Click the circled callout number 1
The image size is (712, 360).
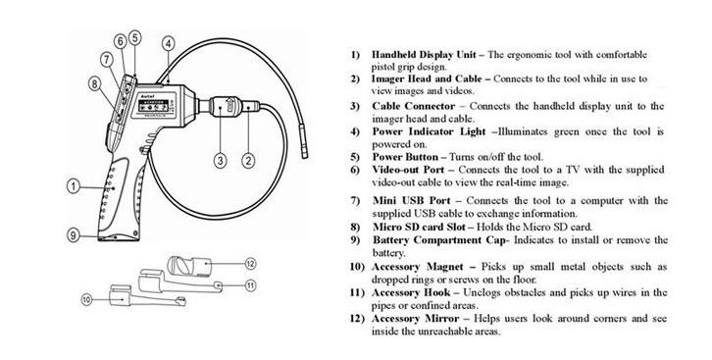coord(74,186)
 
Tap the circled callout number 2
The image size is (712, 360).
coord(248,161)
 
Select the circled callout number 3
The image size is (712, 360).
coord(221,161)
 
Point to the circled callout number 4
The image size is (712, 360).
coord(168,43)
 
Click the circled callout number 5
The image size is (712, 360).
coord(135,37)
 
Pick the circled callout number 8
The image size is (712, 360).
coord(94,83)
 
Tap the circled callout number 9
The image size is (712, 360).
coord(74,234)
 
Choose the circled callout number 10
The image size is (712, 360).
coord(87,299)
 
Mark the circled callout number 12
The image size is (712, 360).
coord(251,263)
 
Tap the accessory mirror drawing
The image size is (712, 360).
coord(189,267)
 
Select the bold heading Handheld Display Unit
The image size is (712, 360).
coord(424,55)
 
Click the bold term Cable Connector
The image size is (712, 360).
coord(413,106)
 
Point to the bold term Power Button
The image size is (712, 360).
coord(405,157)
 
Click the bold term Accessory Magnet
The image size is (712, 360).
coord(418,267)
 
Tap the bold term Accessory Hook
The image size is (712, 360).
coord(411,292)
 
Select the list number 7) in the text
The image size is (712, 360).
coord(355,201)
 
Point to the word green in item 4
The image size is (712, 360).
coord(565,132)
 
